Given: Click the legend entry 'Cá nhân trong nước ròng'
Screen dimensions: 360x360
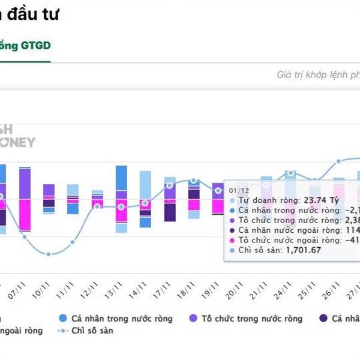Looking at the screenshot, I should tap(121, 318).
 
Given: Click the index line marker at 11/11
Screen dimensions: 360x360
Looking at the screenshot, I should tap(73, 242).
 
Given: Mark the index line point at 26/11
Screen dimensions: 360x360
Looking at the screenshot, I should tap(339, 161).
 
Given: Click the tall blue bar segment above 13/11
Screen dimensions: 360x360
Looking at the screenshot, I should tap(121, 178).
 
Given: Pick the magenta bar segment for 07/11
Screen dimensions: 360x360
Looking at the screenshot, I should tap(25, 215).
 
